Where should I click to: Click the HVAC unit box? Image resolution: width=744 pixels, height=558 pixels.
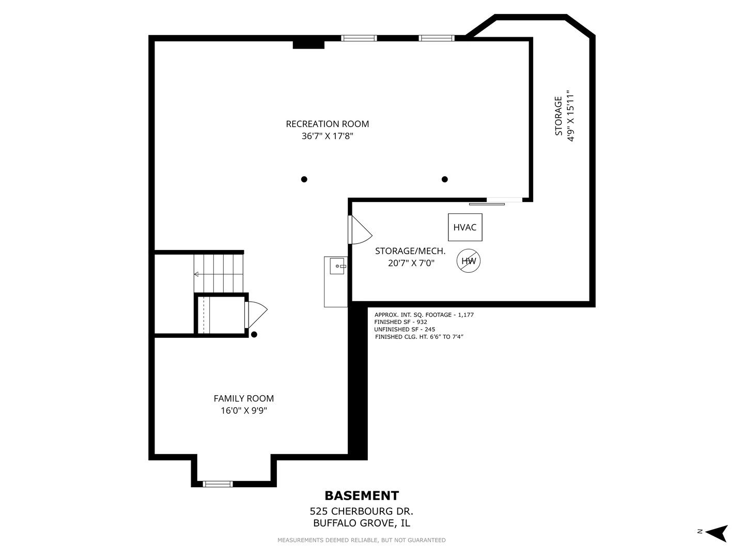(465, 227)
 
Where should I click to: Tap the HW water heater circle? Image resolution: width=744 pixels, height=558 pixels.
(469, 261)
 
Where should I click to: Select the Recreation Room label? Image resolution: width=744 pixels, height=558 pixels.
(327, 124)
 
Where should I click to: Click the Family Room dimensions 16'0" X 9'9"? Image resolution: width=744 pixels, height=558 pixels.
(243, 411)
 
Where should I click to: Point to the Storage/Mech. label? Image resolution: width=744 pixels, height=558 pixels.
(410, 251)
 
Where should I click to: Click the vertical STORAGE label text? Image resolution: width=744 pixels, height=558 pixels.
(559, 116)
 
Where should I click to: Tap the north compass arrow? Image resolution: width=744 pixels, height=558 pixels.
(717, 533)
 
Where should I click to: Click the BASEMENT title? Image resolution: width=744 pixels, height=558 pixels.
(362, 496)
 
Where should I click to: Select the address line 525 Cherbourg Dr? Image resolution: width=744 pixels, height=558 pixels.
(361, 512)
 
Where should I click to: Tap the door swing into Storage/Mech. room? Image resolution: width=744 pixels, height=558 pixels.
(361, 230)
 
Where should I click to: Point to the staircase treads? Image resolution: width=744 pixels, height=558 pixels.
(218, 273)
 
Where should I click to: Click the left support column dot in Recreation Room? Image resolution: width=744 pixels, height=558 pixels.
(304, 179)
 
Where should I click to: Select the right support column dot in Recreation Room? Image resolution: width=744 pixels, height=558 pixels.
(445, 179)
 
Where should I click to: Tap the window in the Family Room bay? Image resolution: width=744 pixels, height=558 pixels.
(218, 484)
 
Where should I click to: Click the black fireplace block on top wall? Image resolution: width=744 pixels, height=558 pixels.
(308, 44)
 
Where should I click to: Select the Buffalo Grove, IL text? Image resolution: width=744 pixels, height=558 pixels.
(361, 523)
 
